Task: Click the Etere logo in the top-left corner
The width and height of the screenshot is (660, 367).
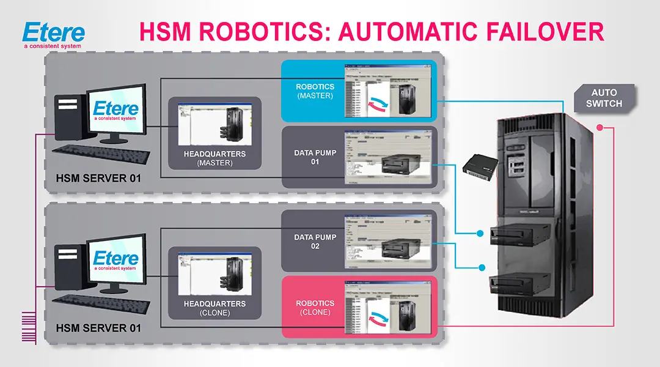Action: (x=53, y=35)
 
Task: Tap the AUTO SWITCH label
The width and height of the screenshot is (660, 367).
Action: (x=604, y=98)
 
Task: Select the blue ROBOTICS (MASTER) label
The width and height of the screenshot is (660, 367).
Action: (x=315, y=91)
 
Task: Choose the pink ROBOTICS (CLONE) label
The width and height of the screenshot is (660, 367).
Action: (x=315, y=307)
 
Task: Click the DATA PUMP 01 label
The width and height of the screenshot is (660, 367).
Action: (x=315, y=157)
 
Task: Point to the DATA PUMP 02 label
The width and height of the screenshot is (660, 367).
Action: (x=315, y=242)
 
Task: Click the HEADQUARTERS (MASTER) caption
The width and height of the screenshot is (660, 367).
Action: (x=215, y=158)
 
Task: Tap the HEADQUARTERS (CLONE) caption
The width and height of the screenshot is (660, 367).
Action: (x=215, y=308)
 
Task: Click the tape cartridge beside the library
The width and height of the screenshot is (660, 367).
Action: (x=480, y=165)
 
